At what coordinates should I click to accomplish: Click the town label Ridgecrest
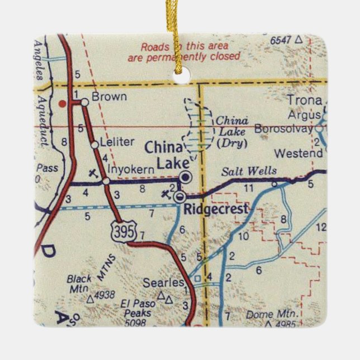[x=216, y=210]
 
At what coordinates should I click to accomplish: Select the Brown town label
[x=109, y=97]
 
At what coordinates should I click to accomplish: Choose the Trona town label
[x=305, y=101]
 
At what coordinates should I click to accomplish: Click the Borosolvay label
[x=284, y=129]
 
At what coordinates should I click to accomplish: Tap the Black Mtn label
[x=78, y=283]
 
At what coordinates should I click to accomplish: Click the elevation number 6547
[x=282, y=40]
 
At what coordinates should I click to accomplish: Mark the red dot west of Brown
[x=63, y=103]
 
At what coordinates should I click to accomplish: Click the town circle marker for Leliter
[x=94, y=145]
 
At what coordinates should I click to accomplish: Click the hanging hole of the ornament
[x=180, y=78]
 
